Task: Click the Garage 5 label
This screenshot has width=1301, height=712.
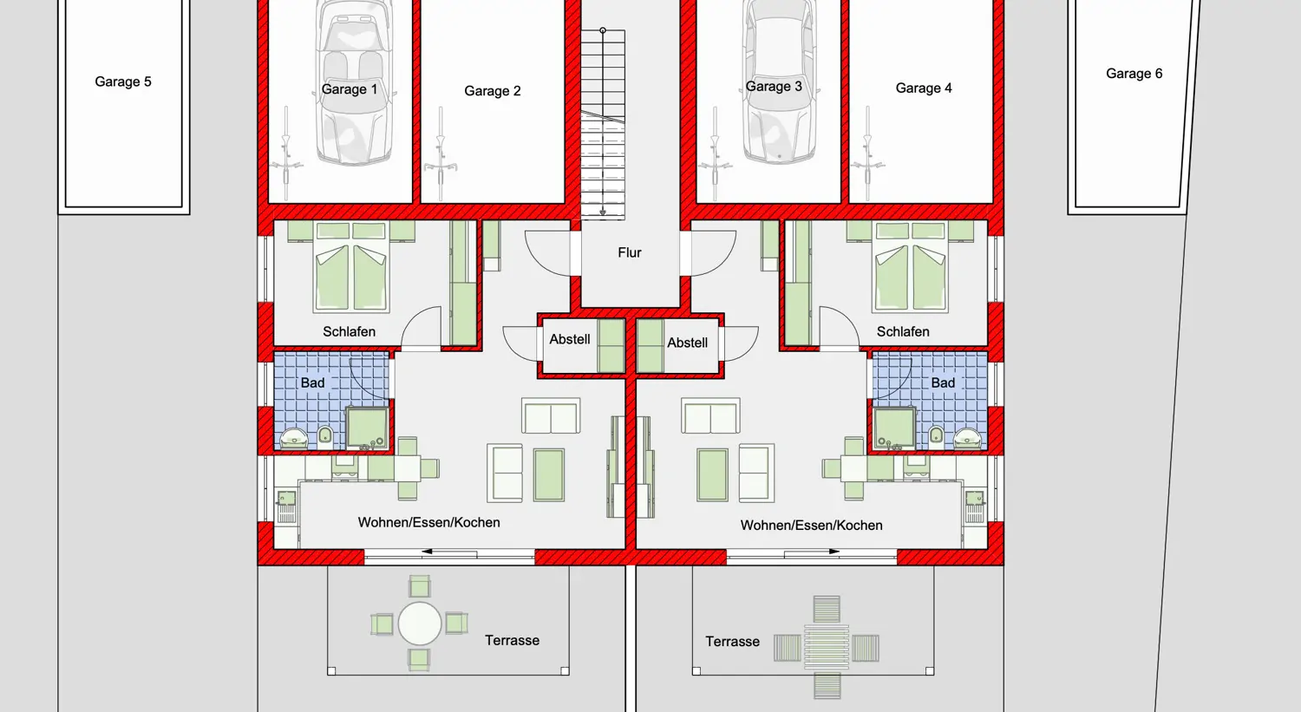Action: pos(123,82)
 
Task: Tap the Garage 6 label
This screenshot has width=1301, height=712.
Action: pos(1134,73)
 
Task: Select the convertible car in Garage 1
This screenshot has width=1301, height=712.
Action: pos(353,82)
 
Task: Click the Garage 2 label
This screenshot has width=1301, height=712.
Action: pos(493,90)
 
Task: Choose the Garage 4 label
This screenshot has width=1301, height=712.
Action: pos(924,88)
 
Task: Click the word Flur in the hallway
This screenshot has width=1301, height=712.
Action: pos(630,252)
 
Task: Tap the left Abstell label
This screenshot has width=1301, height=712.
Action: pos(570,339)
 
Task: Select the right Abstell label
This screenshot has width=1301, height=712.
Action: pos(687,343)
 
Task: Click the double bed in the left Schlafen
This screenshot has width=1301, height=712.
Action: pos(350,267)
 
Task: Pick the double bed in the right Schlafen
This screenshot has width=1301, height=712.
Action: pos(911,267)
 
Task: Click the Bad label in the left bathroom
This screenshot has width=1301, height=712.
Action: pos(312,382)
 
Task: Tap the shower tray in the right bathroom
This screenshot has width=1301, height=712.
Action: pos(894,428)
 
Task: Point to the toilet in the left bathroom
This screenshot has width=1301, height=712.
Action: pos(325,435)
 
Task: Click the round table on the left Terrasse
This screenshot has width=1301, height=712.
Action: pos(419,624)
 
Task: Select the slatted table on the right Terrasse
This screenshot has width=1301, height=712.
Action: pos(827,647)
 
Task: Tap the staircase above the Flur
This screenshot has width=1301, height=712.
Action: pos(603,123)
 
